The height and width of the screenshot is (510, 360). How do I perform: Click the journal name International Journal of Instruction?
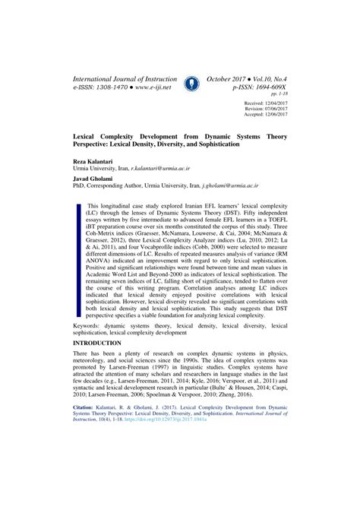(x=125, y=78)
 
